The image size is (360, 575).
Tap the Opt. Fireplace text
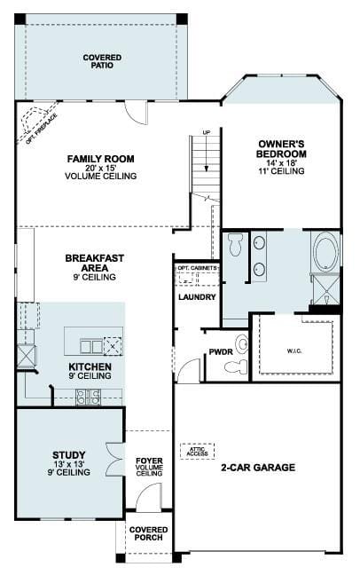click(x=42, y=129)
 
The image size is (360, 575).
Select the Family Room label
click(x=101, y=159)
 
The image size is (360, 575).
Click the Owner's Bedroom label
click(x=282, y=149)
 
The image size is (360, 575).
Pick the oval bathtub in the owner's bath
click(x=326, y=252)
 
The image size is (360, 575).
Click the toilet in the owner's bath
click(x=235, y=244)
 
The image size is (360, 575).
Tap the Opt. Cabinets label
click(x=197, y=268)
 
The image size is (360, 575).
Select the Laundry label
click(x=197, y=297)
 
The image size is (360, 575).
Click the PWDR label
click(x=221, y=352)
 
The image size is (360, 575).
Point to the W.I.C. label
click(x=294, y=351)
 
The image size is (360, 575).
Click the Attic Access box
click(x=197, y=451)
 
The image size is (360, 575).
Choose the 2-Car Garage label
click(x=258, y=467)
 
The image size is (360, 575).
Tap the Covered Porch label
click(x=148, y=533)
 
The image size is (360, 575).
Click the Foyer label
click(x=149, y=461)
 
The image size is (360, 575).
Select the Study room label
click(x=69, y=455)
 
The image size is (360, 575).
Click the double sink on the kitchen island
click(x=91, y=346)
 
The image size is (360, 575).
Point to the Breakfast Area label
click(x=95, y=263)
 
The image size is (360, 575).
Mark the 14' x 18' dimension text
click(x=281, y=162)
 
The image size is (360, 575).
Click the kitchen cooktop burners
click(x=88, y=397)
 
